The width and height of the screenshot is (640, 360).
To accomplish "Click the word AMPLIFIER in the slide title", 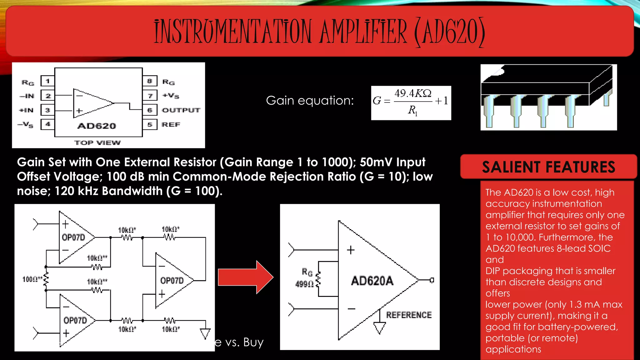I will (364, 32).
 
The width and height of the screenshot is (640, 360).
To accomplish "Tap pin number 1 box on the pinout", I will (47, 81).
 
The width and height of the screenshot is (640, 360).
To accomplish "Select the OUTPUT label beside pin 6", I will (181, 110).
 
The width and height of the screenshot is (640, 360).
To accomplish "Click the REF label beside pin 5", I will (171, 124).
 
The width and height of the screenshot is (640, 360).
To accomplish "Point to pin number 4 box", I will (47, 124).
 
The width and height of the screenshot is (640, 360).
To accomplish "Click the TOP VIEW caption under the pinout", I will (97, 143).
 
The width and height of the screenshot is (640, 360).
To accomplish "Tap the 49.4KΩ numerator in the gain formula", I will (413, 93).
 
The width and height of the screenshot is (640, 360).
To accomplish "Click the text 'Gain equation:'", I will (310, 101).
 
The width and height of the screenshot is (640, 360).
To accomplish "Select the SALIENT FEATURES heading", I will (548, 167).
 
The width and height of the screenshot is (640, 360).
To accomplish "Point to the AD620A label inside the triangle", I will (372, 281).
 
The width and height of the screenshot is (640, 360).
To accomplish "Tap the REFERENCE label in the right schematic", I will (409, 315).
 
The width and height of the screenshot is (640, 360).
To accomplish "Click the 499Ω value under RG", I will (304, 284).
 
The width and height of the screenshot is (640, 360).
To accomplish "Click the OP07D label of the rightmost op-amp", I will (172, 281).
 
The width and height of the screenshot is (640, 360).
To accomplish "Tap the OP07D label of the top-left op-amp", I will (73, 237).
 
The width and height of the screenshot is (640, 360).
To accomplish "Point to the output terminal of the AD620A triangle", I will (432, 280).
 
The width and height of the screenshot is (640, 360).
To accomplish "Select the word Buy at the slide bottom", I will (253, 342).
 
